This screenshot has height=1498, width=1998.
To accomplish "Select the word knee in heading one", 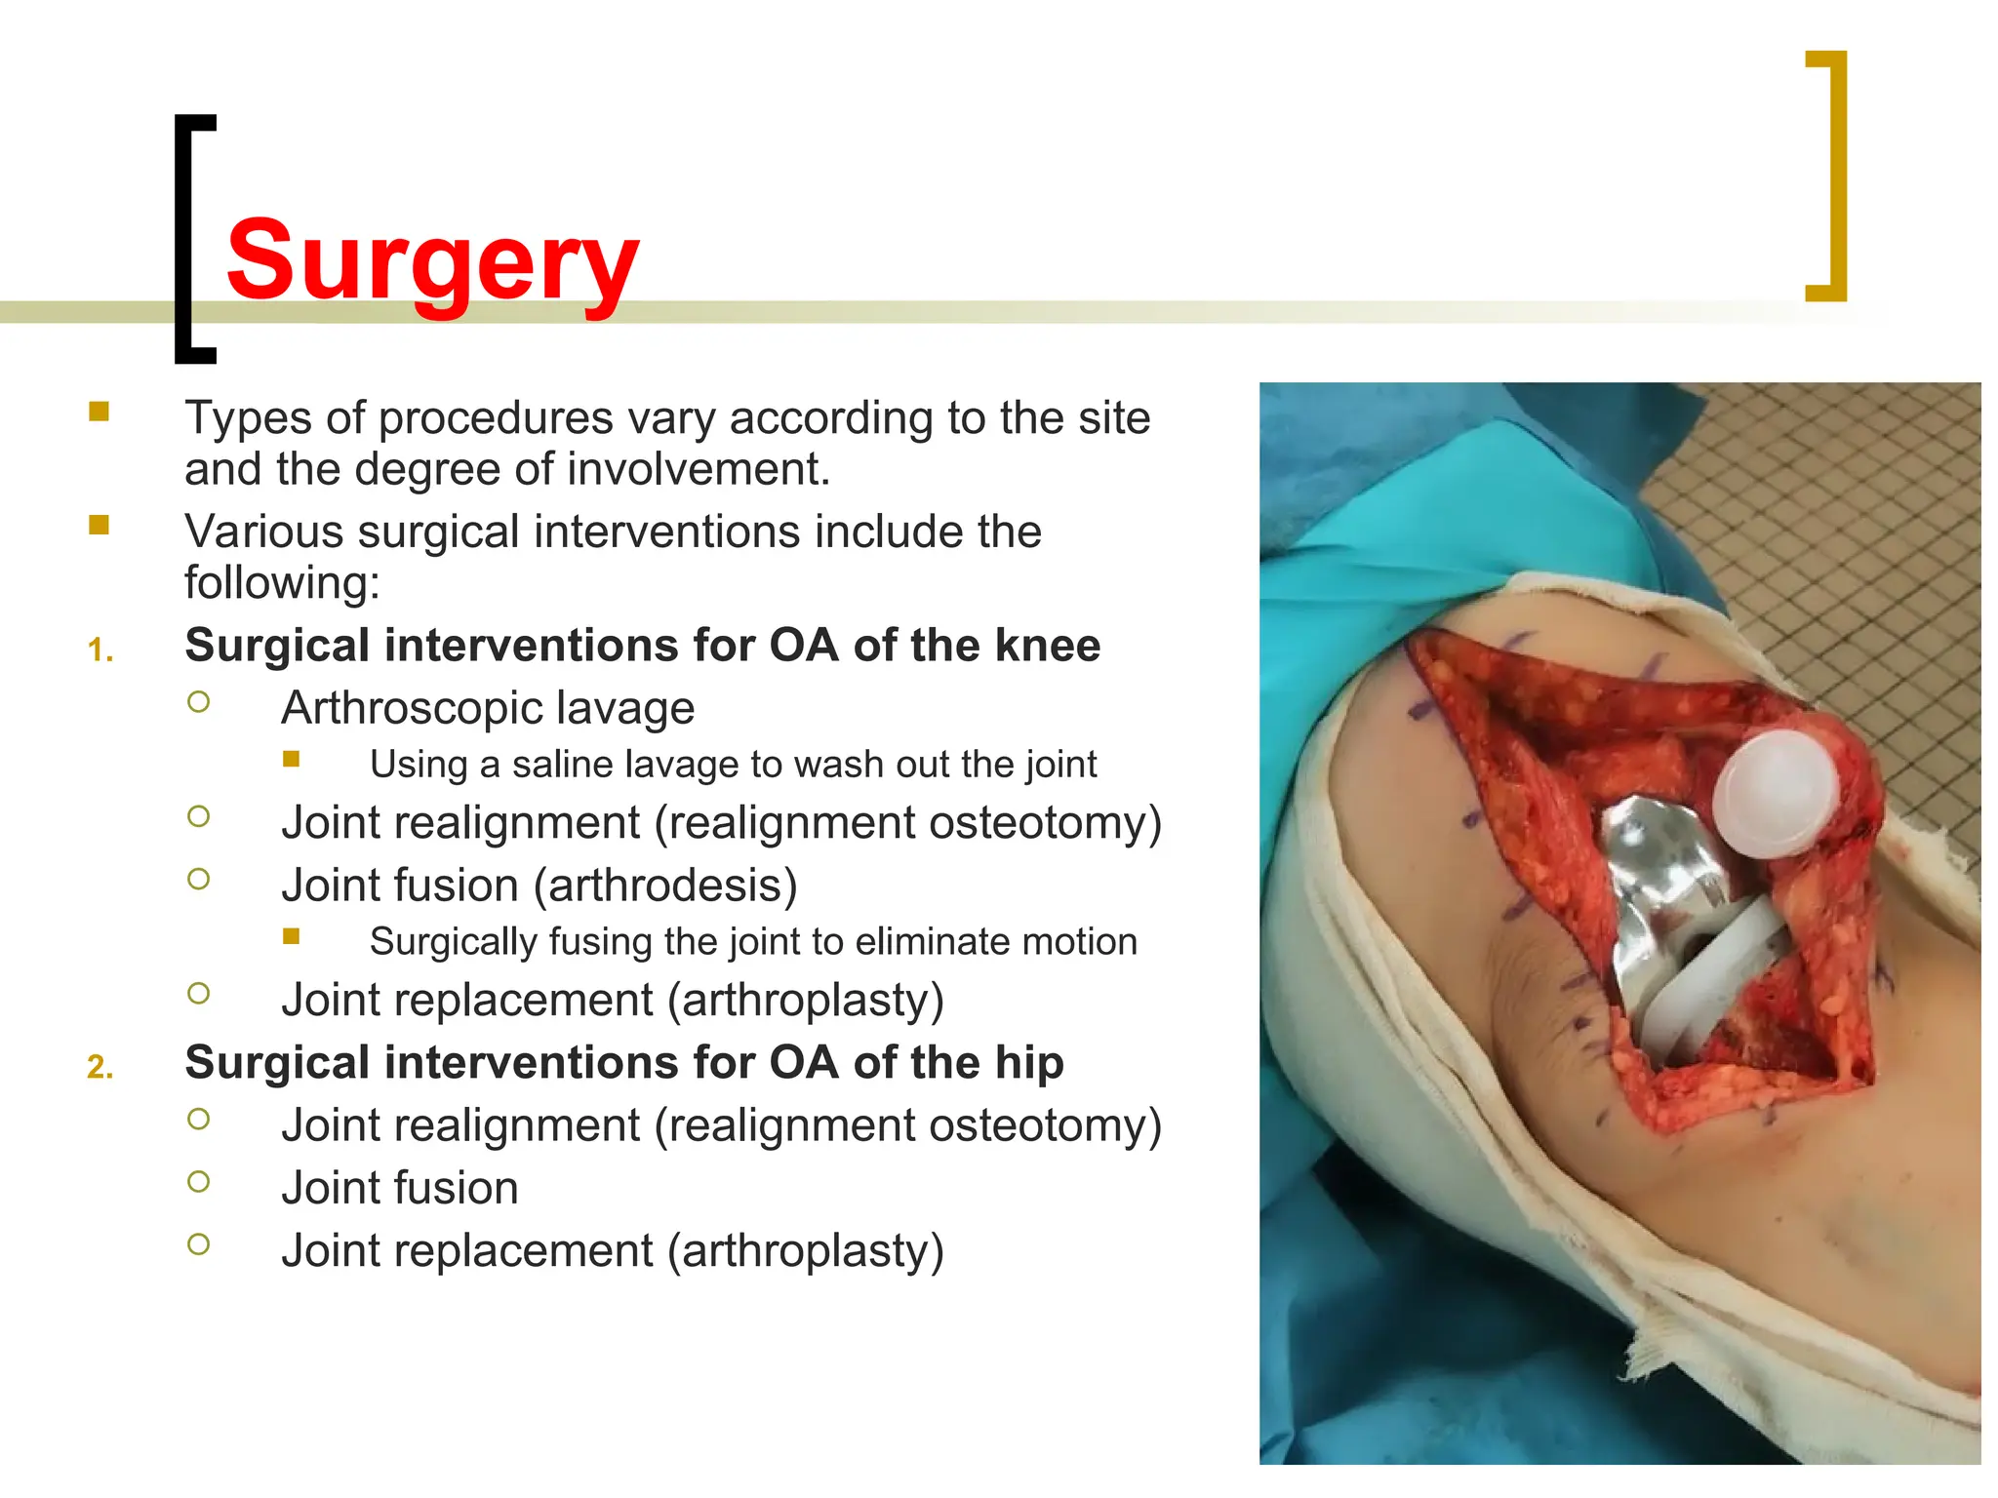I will [1054, 646].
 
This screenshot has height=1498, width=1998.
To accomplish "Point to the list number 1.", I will [100, 650].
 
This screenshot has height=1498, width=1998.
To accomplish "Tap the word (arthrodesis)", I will [665, 886].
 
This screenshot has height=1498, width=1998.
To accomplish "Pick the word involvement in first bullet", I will [698, 469].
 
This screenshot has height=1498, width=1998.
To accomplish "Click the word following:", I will [282, 583].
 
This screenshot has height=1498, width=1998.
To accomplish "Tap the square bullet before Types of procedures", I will [99, 411].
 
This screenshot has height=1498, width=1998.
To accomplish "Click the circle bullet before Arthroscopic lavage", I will [198, 702].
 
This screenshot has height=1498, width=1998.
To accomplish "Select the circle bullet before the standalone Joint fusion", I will [198, 1182].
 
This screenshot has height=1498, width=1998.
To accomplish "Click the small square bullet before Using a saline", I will [291, 759].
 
